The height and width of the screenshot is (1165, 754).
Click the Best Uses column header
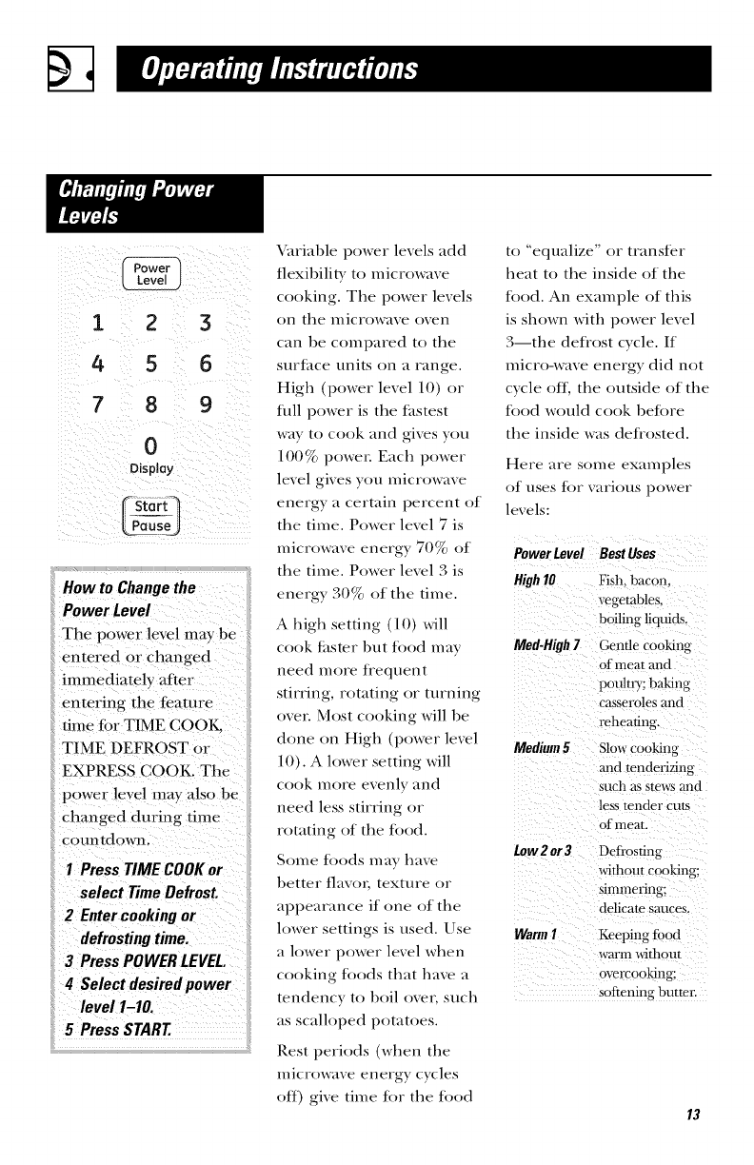(627, 555)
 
